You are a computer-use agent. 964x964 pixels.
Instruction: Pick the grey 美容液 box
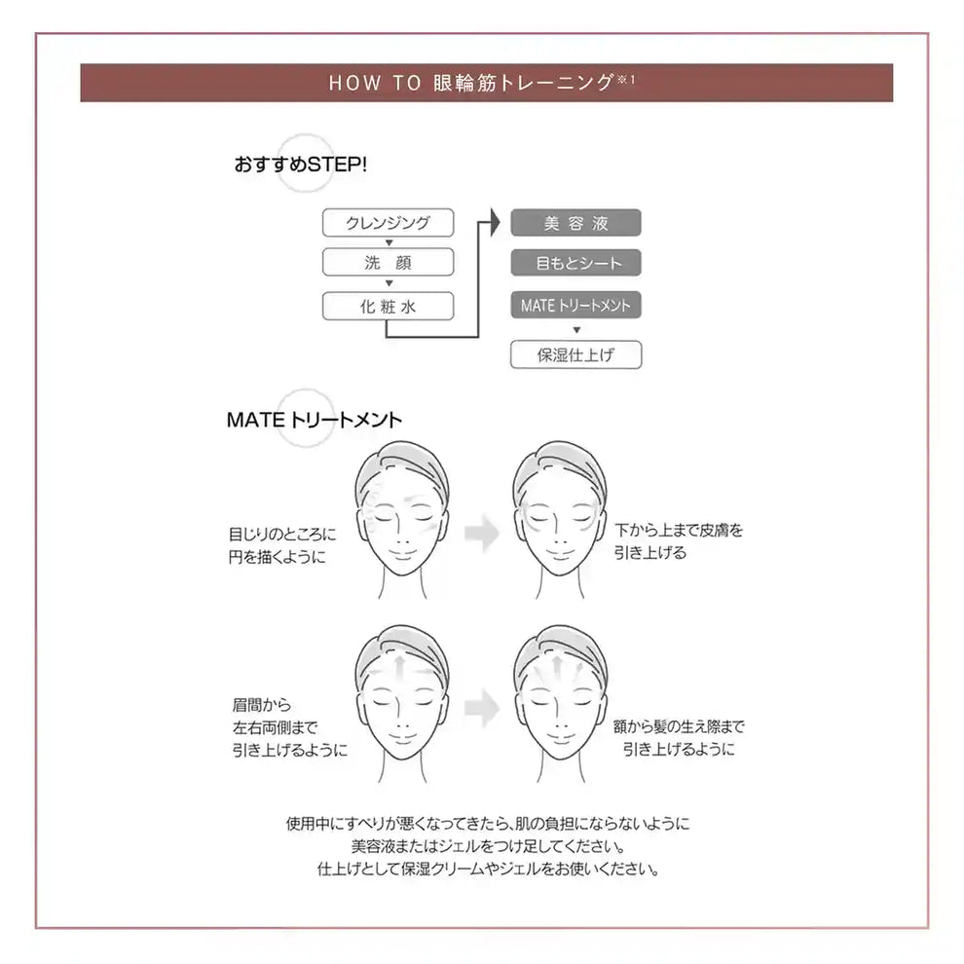[575, 222]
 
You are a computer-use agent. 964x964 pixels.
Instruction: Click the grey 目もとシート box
[575, 263]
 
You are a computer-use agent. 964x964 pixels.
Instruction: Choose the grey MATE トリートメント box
[575, 306]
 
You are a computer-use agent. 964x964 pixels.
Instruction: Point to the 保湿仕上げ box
[575, 354]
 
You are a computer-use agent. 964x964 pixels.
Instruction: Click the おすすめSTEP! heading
[300, 165]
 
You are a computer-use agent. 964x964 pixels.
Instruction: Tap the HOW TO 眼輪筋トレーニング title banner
[486, 83]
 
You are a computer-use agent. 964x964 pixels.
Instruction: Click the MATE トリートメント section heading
[314, 421]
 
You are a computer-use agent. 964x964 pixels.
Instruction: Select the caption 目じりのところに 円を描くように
[282, 545]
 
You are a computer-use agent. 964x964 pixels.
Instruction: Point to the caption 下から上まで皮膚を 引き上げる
[679, 541]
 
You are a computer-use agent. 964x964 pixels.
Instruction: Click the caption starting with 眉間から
[289, 726]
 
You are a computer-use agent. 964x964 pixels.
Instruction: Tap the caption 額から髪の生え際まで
[679, 737]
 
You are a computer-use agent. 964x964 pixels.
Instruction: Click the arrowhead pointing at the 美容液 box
[493, 222]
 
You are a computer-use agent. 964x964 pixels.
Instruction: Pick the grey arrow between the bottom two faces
[481, 709]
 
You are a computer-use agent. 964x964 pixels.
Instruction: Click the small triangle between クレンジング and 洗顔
[389, 242]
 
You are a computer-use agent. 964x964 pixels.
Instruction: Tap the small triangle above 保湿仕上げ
[575, 330]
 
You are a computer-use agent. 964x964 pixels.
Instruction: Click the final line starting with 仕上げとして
[488, 869]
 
